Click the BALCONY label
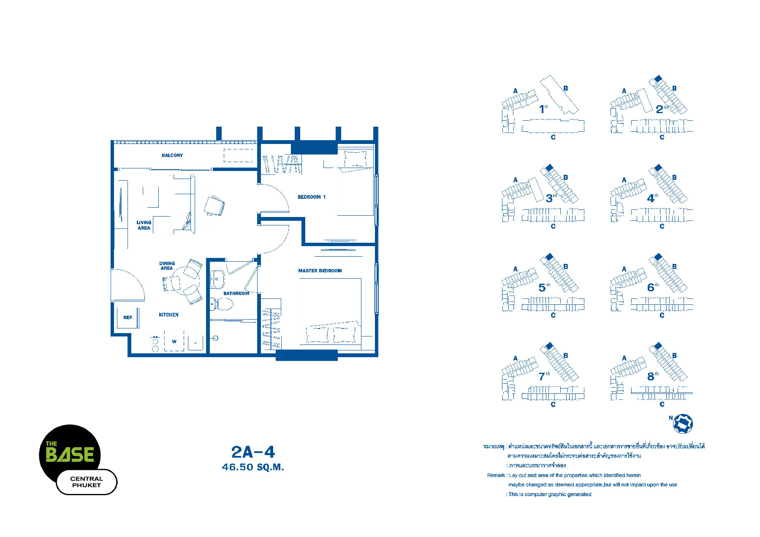(x=172, y=155)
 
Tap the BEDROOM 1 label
(x=312, y=197)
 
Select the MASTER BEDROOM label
(x=320, y=271)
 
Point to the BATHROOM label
(x=236, y=293)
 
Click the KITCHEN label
(x=168, y=315)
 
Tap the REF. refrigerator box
(x=128, y=317)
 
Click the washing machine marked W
(x=174, y=342)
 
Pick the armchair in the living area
(x=214, y=206)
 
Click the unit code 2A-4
(x=253, y=452)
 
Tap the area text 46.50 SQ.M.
(x=253, y=467)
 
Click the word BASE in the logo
(x=70, y=455)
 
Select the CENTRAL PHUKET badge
(x=87, y=482)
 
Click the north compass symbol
(x=683, y=423)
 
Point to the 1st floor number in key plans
(x=543, y=109)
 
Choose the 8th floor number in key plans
(x=653, y=376)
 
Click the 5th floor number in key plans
(x=544, y=287)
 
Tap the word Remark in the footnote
(x=496, y=475)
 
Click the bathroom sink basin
(x=217, y=279)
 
